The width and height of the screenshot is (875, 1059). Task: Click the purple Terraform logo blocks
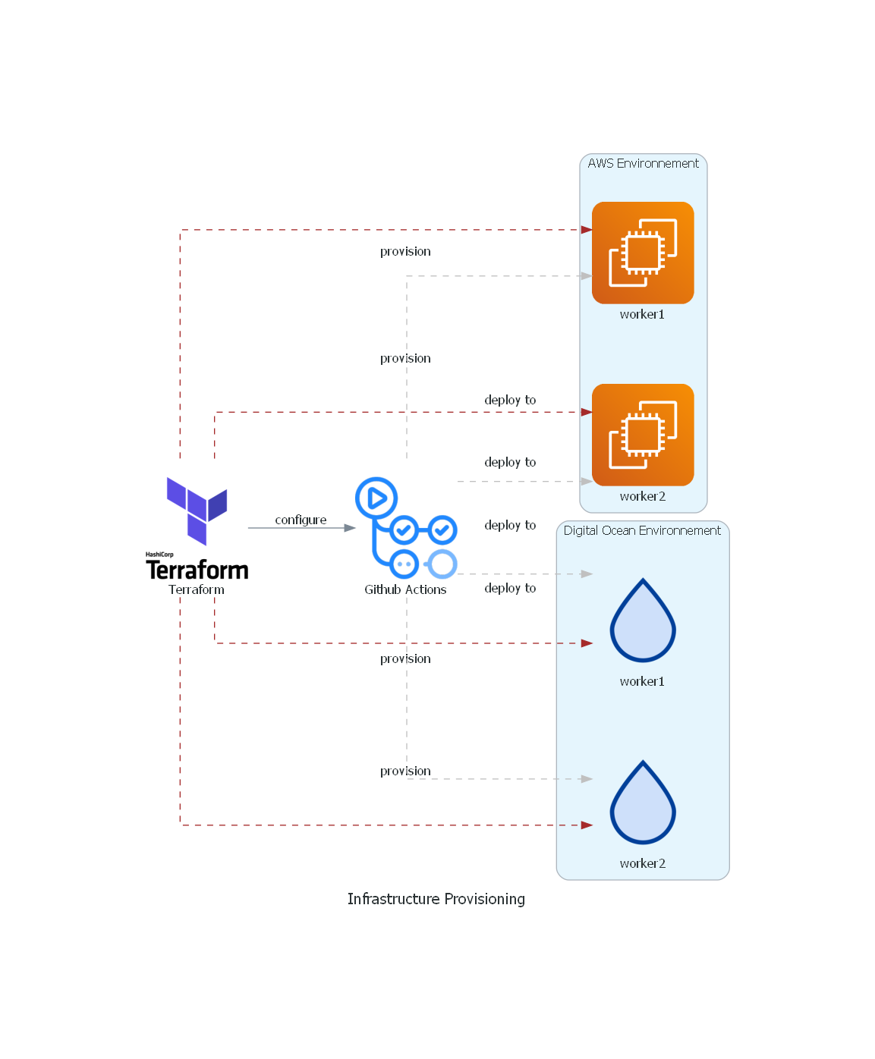(196, 509)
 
